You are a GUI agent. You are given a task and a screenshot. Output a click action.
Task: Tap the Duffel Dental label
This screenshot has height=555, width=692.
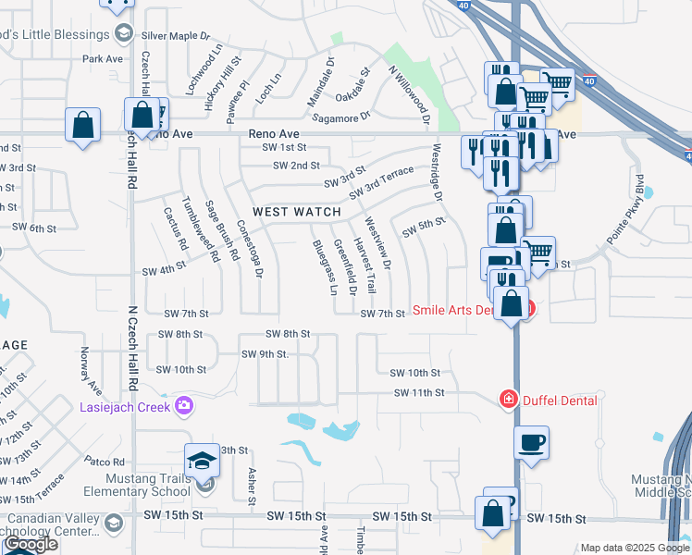560,400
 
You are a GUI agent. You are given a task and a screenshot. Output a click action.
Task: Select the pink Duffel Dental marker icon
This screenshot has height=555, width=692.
507,400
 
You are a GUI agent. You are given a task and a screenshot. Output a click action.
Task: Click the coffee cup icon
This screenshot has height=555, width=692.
531,443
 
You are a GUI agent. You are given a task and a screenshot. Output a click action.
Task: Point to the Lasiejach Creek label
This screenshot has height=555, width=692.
125,405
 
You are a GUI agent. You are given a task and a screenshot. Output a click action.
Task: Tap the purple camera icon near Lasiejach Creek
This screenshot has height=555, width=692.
184,405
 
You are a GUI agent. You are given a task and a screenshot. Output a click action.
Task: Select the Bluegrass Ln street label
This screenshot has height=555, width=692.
322,266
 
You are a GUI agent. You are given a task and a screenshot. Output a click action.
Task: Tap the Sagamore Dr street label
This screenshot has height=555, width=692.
340,117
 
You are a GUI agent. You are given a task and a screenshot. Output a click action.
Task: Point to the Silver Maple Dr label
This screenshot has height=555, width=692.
180,36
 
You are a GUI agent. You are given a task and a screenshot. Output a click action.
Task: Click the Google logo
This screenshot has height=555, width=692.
31,544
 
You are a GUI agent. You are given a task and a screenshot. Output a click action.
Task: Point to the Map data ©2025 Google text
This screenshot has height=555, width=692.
634,548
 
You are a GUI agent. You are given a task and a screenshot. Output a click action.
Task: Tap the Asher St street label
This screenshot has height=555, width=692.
251,486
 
